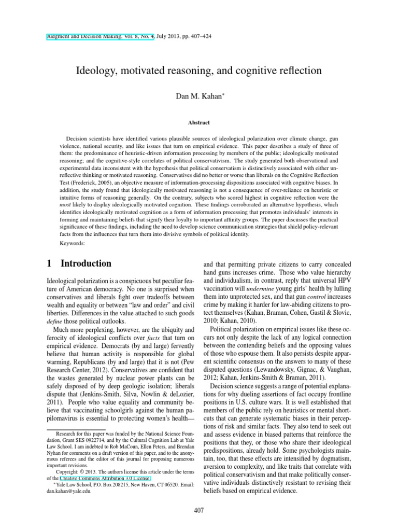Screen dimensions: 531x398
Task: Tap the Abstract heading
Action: [198, 123]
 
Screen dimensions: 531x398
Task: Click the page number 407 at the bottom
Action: [199, 511]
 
